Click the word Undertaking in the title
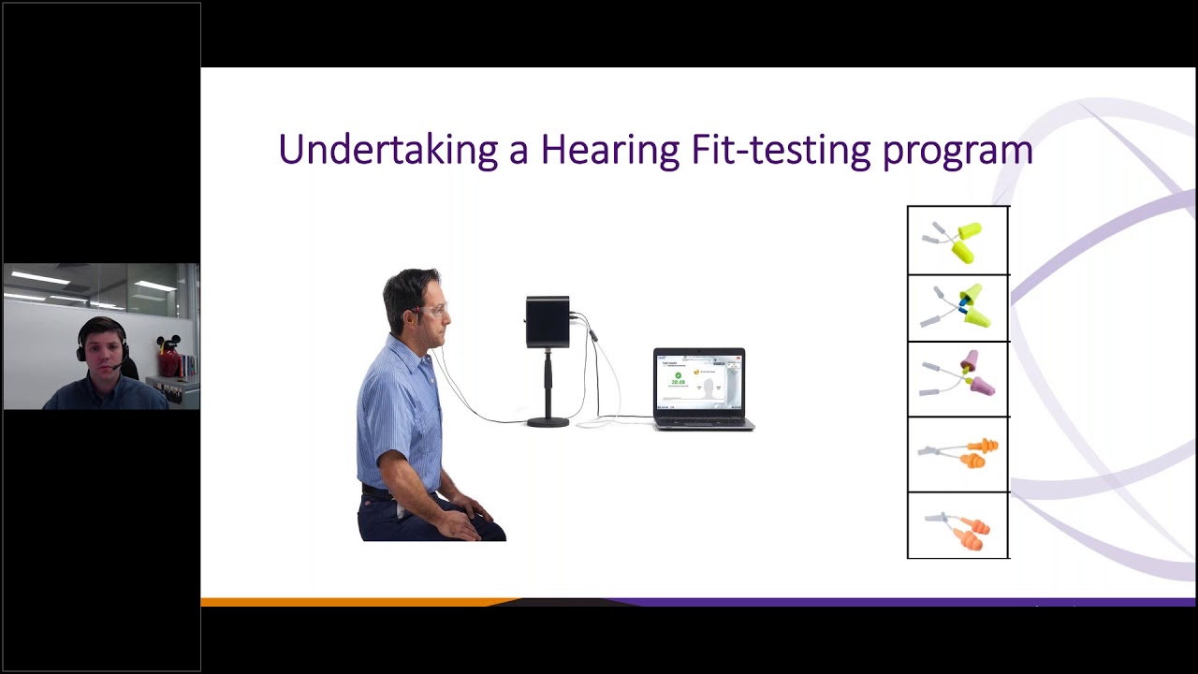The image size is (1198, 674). click(x=387, y=151)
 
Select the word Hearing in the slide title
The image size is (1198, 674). click(x=609, y=151)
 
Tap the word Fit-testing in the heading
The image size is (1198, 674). click(x=781, y=151)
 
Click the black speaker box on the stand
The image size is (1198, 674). click(x=548, y=321)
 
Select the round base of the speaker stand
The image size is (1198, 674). click(x=548, y=421)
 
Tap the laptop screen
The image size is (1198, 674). click(x=698, y=382)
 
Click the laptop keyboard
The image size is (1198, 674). click(x=704, y=420)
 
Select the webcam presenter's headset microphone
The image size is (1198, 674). click(x=115, y=368)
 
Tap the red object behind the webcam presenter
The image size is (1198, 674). click(x=168, y=362)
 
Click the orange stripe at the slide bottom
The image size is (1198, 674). click(x=356, y=602)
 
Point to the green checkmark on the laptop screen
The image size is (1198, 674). click(x=678, y=374)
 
